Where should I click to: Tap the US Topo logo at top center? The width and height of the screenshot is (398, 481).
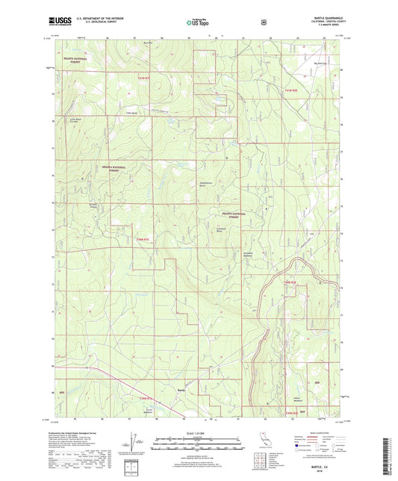(198, 23)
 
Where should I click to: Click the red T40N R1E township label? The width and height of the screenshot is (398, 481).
(142, 239)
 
